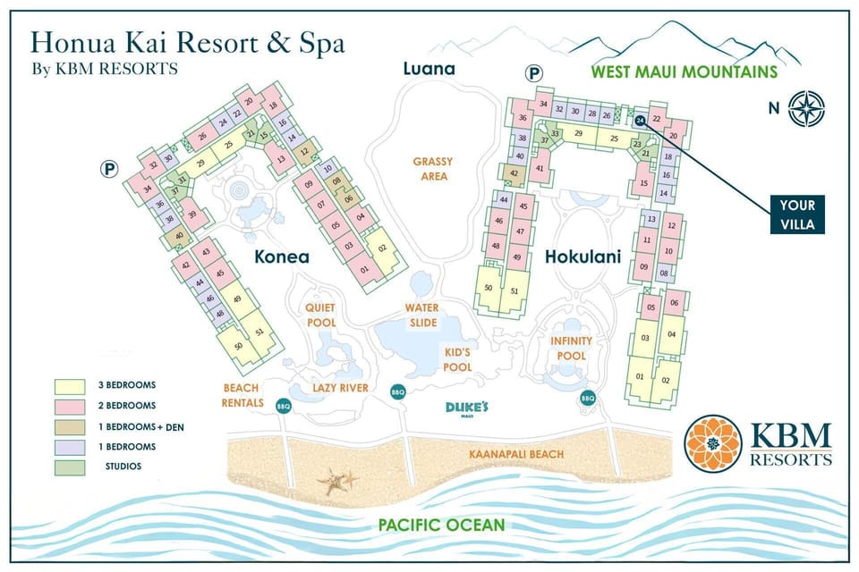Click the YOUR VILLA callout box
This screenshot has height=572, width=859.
[x=796, y=214]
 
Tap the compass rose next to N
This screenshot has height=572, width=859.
[x=808, y=109]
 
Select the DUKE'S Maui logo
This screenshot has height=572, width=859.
[x=467, y=408]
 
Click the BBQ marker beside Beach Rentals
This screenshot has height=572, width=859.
[x=284, y=404]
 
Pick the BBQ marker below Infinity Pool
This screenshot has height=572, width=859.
[x=588, y=398]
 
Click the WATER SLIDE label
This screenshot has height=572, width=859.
[x=423, y=315]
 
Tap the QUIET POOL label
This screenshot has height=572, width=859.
[x=320, y=315]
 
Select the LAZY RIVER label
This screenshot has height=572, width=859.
[x=341, y=388]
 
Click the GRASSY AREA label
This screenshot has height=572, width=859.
[x=432, y=169]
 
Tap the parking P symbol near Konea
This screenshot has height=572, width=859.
[x=109, y=167]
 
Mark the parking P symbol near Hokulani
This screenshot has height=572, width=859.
[x=536, y=75]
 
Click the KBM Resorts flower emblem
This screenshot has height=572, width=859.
[x=711, y=442]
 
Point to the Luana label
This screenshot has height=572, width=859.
[x=429, y=69]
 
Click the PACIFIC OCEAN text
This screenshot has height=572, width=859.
[x=440, y=525]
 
